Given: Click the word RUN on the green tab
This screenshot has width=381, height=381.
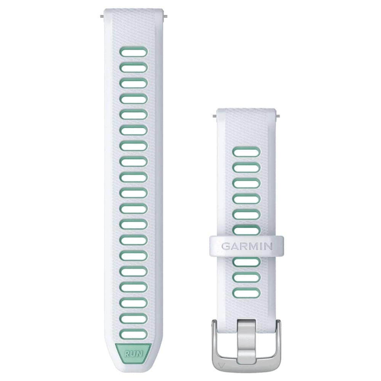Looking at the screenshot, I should [133, 354].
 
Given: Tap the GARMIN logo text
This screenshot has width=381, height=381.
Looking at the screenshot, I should [247, 246].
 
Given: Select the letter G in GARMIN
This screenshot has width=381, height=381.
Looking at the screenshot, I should [226, 246].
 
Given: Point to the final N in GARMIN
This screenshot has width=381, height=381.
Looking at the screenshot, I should [268, 246].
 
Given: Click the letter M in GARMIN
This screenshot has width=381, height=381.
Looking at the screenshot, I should [251, 246].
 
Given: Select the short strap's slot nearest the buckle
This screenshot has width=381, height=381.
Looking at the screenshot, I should [247, 293].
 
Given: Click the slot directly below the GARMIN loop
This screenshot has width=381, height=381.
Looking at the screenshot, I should [247, 262].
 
